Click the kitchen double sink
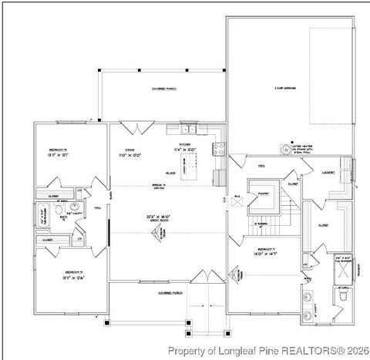click(x=190, y=128)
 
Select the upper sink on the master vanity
click(x=309, y=296)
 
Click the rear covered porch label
click(x=163, y=89)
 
